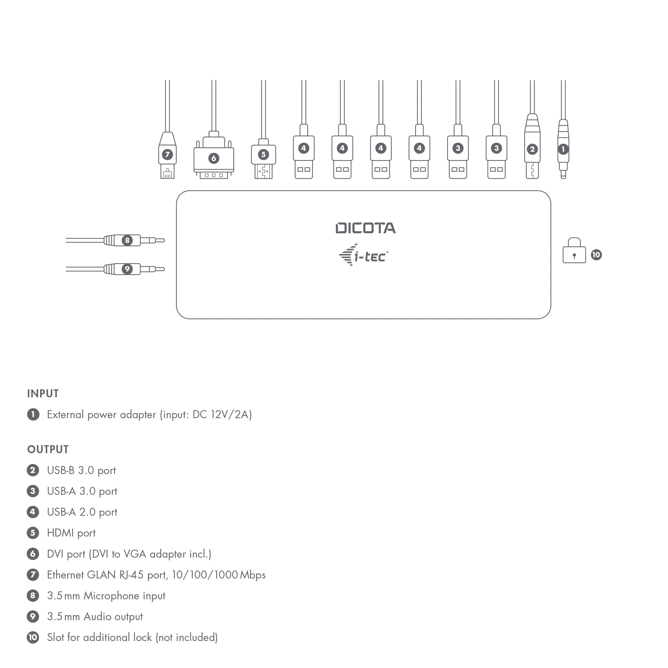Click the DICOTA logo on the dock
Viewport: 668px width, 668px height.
(x=366, y=228)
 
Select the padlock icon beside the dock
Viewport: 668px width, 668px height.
(x=574, y=251)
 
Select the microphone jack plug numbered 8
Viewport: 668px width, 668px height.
(x=127, y=240)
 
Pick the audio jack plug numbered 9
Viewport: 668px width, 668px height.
(x=127, y=269)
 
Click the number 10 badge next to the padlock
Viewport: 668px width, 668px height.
(x=596, y=255)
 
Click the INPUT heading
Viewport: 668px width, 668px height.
(x=43, y=394)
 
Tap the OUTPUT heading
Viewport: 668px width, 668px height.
(x=48, y=449)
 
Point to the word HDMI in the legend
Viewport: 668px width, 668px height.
(x=60, y=533)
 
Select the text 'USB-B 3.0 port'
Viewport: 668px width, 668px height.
(x=81, y=470)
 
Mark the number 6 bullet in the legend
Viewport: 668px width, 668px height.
(x=33, y=554)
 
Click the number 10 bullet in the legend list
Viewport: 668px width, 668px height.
(x=33, y=637)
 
